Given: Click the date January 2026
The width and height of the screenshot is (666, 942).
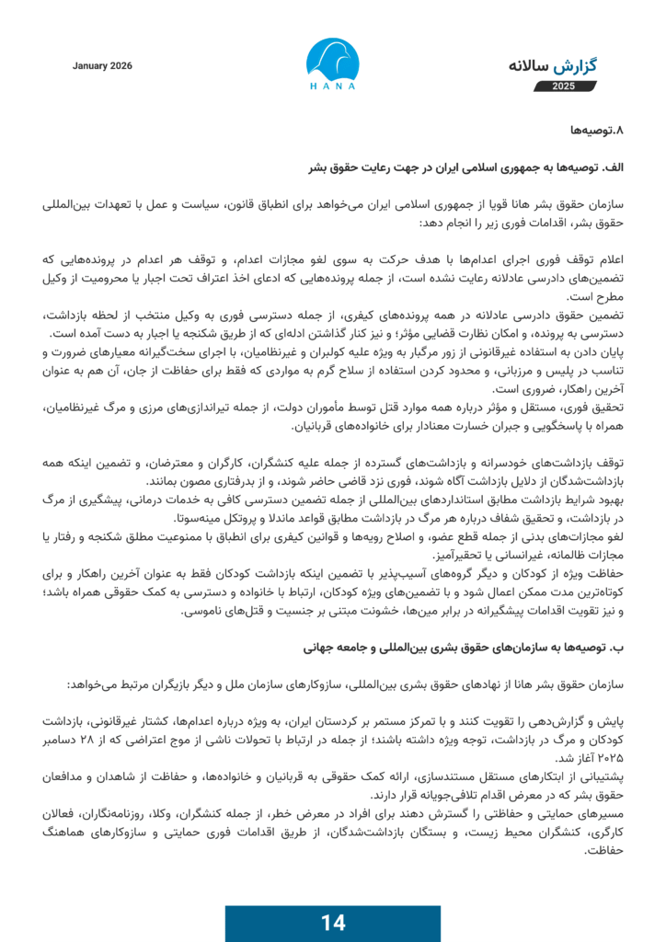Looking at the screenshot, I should click(x=102, y=66).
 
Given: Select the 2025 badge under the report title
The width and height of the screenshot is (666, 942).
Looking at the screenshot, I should click(x=563, y=86).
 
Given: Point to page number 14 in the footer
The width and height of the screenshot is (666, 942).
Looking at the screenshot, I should click(x=332, y=923).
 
